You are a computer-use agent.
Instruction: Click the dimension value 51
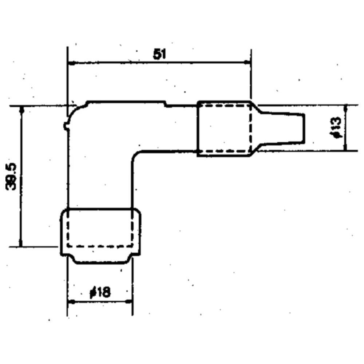160,54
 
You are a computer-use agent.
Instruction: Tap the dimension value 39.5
11,177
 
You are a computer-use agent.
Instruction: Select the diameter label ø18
100,292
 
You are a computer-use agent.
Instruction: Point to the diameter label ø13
336,128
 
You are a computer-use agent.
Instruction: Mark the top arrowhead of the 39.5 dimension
22,110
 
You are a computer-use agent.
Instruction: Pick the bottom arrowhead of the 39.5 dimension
21,243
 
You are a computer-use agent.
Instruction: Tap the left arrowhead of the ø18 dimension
71,302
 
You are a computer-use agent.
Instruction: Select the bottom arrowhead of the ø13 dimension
345,147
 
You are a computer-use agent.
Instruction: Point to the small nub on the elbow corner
66,126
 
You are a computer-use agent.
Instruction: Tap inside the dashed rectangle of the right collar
225,128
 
